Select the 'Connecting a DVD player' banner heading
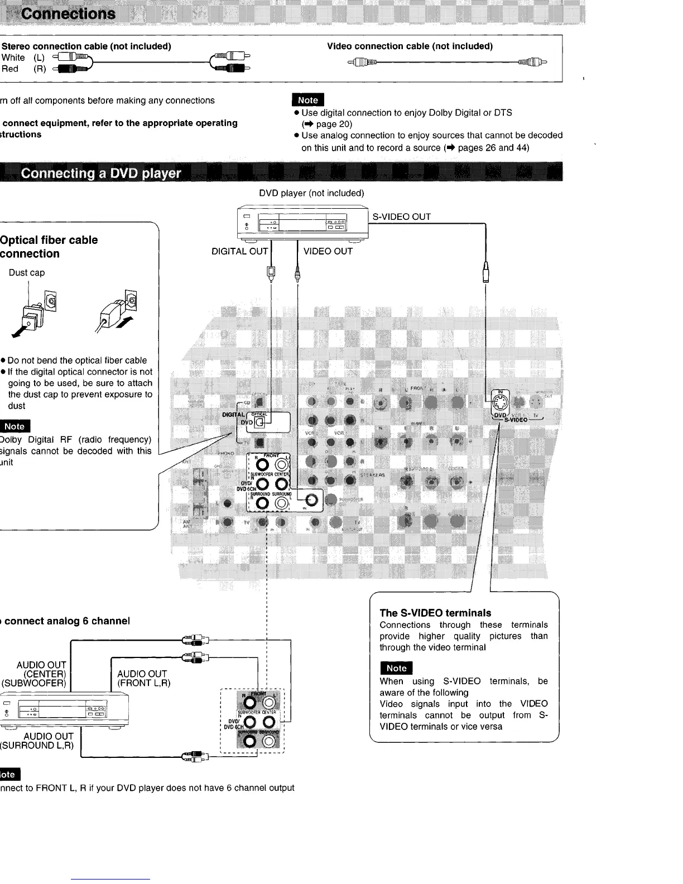point(101,173)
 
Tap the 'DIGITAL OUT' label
point(239,251)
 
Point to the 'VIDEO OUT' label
point(328,251)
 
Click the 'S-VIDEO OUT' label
point(402,217)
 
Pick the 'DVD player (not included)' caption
point(311,193)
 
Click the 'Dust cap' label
point(27,272)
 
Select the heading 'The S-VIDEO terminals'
point(435,613)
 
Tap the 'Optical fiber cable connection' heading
point(49,247)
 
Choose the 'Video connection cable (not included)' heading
point(410,46)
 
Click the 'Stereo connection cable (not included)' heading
point(86,46)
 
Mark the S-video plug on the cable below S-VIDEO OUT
point(486,273)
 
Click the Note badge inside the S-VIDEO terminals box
point(396,668)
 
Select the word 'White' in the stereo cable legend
point(13,57)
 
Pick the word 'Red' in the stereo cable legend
point(10,69)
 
